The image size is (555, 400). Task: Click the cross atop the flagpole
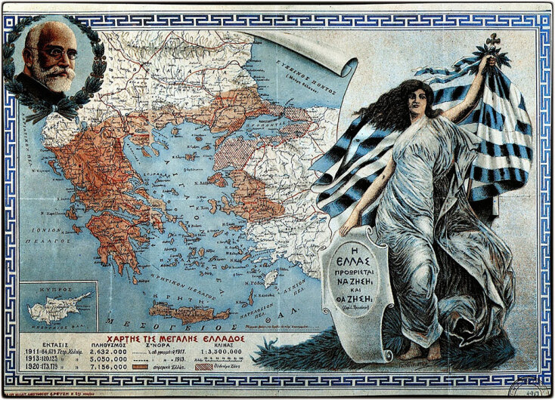[x=492, y=39]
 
